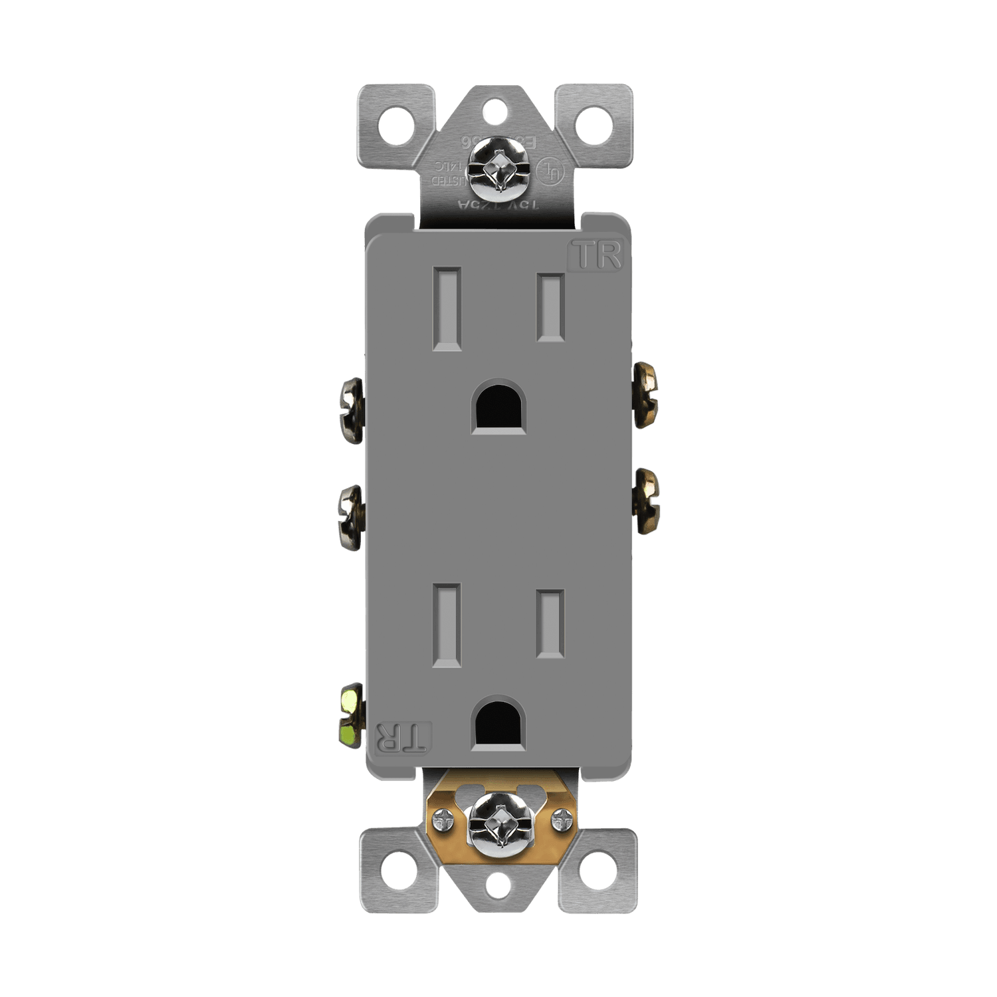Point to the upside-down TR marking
[x=403, y=737]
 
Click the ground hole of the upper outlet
[x=498, y=407]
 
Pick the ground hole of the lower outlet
[x=498, y=724]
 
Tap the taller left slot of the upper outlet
[x=447, y=308]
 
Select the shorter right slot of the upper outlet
[x=550, y=308]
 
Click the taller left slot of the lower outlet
[x=447, y=625]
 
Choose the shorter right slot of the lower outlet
[x=550, y=624]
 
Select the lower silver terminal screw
[x=351, y=517]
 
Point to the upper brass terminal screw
[x=646, y=394]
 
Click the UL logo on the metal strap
[x=550, y=170]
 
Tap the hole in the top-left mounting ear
[x=395, y=124]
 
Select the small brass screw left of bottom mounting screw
[x=441, y=823]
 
